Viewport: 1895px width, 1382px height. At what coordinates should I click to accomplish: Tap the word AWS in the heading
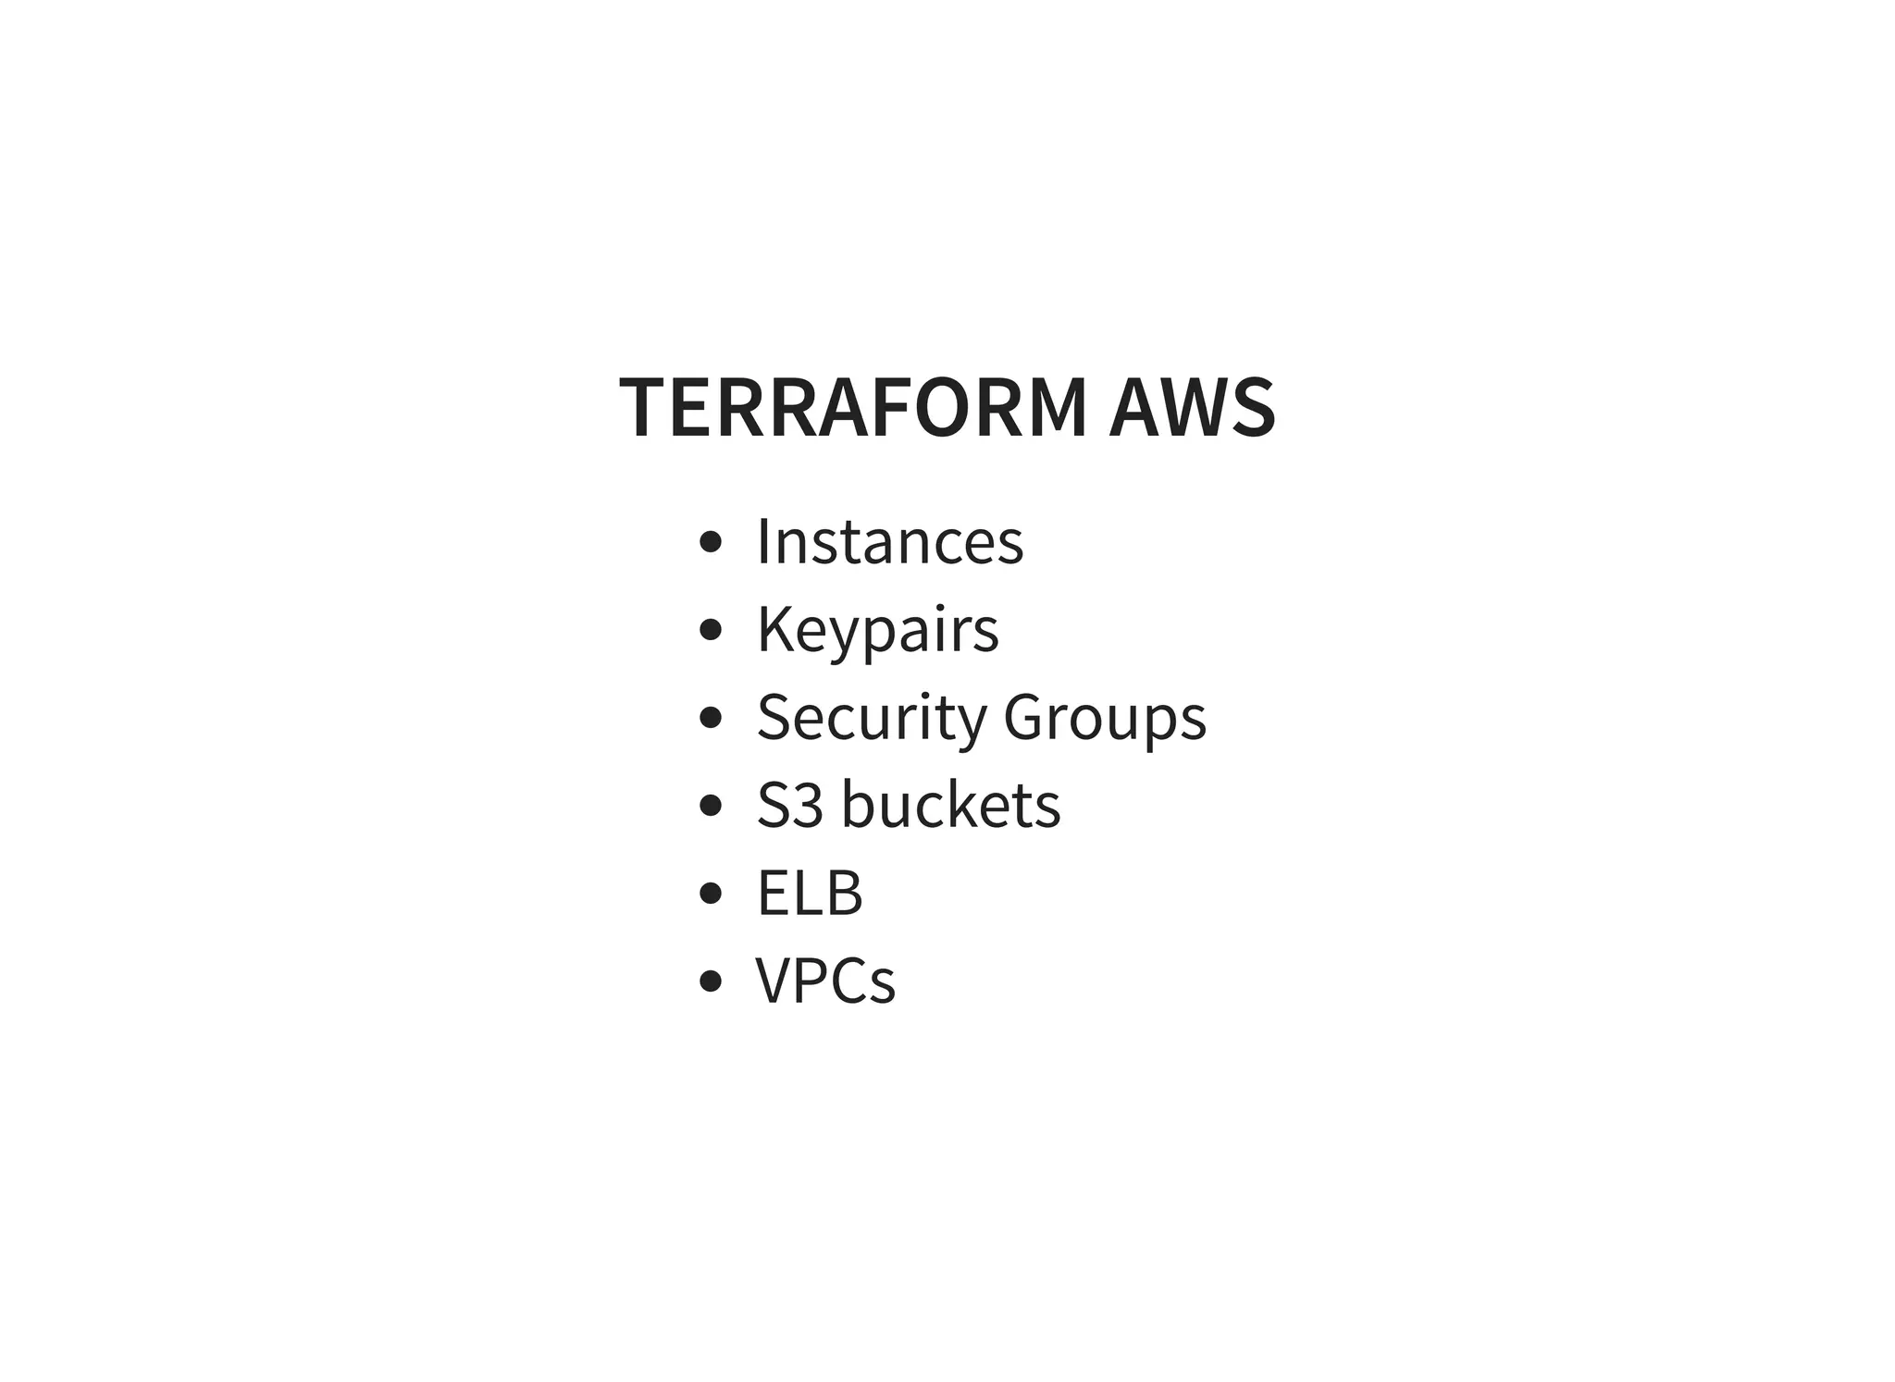tap(1193, 408)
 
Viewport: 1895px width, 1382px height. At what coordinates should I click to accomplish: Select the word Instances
tap(890, 541)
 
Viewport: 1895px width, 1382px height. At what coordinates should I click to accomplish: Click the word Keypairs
tap(878, 630)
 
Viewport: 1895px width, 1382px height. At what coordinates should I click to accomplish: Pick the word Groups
tap(1105, 717)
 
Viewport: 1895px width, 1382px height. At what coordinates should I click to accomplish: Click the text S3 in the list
tap(789, 805)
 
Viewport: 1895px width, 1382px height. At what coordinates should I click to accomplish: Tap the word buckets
tap(951, 804)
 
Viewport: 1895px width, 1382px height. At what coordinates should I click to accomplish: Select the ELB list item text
tap(810, 894)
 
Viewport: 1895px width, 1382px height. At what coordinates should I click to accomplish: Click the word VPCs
tap(825, 981)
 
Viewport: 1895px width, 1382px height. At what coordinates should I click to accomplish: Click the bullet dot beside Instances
tap(710, 542)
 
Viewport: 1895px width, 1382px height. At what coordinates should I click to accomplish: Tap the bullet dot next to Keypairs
tap(710, 630)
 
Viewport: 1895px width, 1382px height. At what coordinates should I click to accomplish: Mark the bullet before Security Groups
tap(710, 718)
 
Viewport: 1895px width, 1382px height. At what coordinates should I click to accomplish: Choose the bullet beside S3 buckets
tap(710, 805)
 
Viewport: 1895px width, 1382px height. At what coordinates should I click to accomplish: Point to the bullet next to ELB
tap(710, 893)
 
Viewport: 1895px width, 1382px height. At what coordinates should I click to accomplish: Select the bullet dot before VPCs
tap(710, 981)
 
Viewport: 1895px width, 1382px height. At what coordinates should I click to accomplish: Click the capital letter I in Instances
tap(763, 540)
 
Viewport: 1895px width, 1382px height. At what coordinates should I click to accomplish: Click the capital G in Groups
tap(1026, 717)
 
